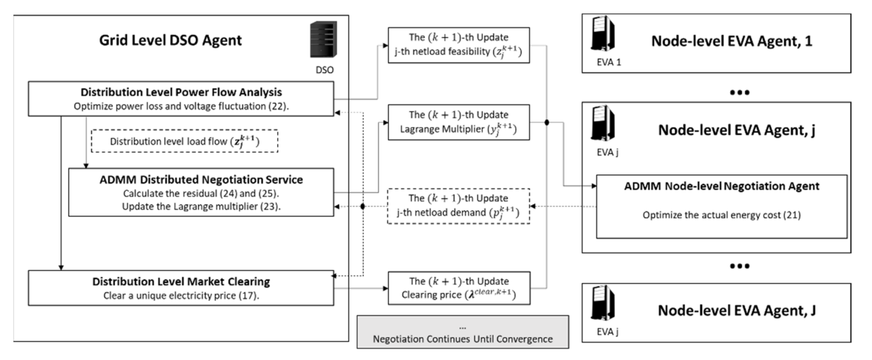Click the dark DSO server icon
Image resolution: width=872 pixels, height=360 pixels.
click(x=323, y=39)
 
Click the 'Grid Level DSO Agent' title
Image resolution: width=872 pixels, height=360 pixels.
click(x=170, y=40)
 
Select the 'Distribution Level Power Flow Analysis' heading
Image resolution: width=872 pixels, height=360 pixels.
click(x=181, y=92)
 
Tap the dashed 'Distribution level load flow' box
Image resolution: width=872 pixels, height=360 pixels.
click(x=184, y=141)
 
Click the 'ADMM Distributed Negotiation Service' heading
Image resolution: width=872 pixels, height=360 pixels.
click(x=201, y=179)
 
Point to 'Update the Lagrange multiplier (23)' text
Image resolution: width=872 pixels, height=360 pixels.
click(x=201, y=206)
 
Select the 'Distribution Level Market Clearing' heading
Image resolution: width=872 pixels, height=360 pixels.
click(x=181, y=281)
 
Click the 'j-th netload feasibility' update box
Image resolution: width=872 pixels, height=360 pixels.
click(x=458, y=45)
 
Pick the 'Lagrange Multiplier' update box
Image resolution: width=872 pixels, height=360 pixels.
click(x=458, y=122)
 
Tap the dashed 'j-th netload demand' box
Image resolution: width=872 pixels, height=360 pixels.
click(x=458, y=206)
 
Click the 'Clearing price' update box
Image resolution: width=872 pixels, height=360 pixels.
click(x=459, y=288)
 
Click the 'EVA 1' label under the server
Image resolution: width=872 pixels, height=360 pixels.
click(x=609, y=62)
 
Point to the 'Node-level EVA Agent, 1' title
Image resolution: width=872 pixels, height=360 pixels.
click(x=731, y=41)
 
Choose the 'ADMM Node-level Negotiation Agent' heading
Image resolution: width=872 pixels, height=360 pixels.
click(x=722, y=186)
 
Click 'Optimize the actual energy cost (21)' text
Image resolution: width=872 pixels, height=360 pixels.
click(x=722, y=215)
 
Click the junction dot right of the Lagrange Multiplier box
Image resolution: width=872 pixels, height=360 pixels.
click(x=547, y=122)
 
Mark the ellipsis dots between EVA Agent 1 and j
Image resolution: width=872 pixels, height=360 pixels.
click(x=739, y=93)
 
